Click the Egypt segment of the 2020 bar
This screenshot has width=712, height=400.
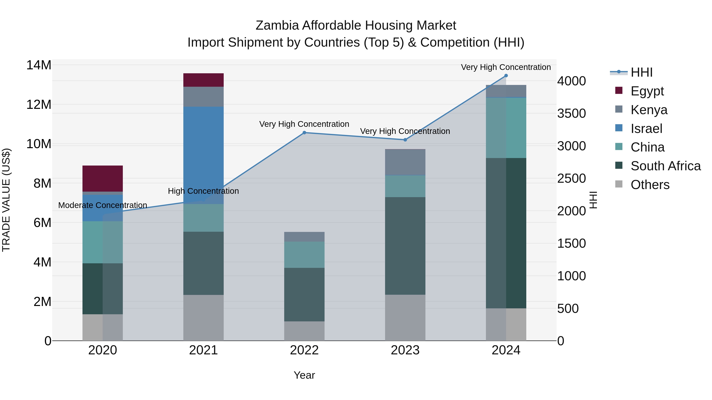[102, 178]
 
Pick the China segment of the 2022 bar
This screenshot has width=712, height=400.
[304, 255]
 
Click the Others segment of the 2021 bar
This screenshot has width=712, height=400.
[204, 317]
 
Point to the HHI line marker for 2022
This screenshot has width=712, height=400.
[304, 133]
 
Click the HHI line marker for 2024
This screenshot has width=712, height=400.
[506, 76]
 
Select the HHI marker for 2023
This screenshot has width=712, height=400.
[405, 140]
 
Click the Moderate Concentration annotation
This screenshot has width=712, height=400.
[102, 205]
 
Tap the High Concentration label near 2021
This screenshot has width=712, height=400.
[204, 191]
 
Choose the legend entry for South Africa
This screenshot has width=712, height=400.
[665, 166]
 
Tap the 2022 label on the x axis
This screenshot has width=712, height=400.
[304, 350]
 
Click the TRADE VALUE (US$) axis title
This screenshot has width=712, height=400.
[6, 200]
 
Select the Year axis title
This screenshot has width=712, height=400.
[304, 375]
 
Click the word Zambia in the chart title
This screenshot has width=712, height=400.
[277, 25]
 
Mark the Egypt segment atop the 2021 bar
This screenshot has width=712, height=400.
[204, 80]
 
